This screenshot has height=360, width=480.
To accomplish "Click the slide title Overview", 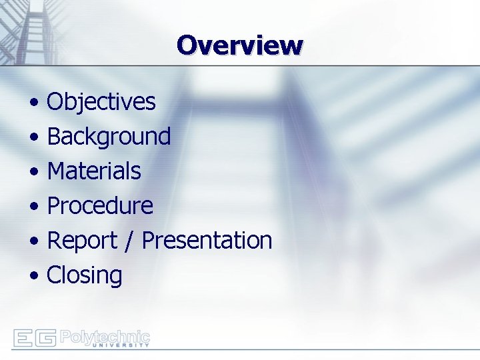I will (x=240, y=45).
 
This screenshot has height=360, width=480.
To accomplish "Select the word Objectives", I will (x=101, y=102).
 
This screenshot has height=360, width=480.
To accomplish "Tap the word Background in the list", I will (x=109, y=137).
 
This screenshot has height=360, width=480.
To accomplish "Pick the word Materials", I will (x=94, y=171).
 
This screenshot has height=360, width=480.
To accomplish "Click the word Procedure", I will (x=100, y=206).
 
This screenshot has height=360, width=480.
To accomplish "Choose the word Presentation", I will (x=207, y=241).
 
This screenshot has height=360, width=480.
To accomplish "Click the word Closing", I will (x=85, y=275).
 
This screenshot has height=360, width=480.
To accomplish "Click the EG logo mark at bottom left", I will (x=34, y=338).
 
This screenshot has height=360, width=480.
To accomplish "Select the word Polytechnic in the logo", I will (x=105, y=336).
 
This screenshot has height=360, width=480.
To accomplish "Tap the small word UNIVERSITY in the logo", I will (x=120, y=345).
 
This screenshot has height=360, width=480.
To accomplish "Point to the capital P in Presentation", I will (x=149, y=241).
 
